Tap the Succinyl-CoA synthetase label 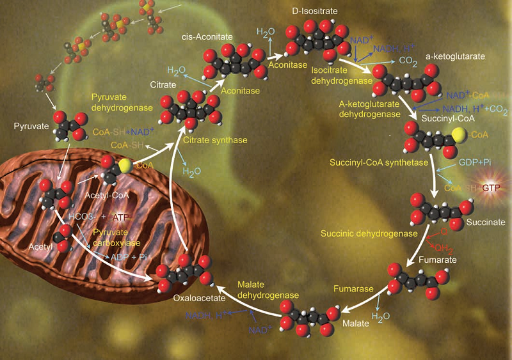click(x=378, y=164)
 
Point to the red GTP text click(x=490, y=189)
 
